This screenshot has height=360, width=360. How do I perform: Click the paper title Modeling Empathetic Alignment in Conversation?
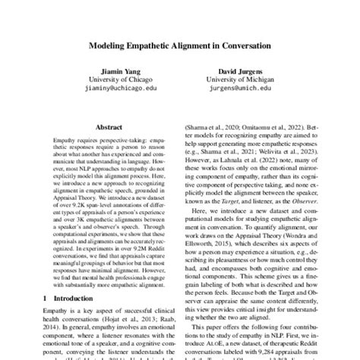click(x=180, y=46)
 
